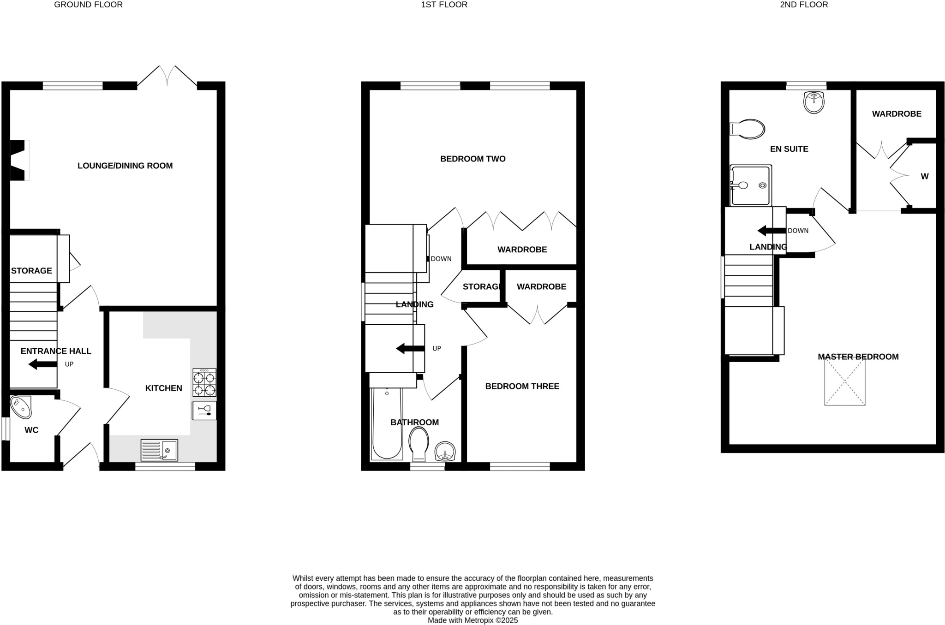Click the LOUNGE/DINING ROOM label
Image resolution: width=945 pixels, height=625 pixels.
tap(125, 166)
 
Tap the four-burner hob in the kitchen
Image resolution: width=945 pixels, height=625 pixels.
tap(204, 382)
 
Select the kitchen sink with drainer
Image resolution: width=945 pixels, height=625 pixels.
tap(159, 450)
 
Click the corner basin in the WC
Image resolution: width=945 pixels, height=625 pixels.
tap(20, 407)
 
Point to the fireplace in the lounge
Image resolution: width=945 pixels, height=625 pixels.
tap(19, 160)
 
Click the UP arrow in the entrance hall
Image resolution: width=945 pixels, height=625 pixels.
tap(42, 364)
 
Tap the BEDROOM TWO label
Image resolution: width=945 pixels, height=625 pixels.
tap(472, 159)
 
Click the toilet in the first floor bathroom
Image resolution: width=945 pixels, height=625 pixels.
tap(419, 443)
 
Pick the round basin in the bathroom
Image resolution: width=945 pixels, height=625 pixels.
tap(445, 451)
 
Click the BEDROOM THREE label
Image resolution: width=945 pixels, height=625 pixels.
tap(522, 386)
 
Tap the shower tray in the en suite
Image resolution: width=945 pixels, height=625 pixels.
tap(750, 185)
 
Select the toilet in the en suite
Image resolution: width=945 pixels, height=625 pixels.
tap(748, 129)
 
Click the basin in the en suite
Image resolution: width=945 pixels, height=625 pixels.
tap(814, 102)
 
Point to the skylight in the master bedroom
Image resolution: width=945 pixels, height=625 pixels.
tap(844, 382)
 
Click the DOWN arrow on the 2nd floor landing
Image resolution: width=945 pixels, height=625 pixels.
tap(771, 231)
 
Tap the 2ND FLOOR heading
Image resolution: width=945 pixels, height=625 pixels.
tap(804, 5)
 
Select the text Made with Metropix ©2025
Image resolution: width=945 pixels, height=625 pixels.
tap(472, 620)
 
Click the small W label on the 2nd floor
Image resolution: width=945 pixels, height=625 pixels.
tap(924, 176)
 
